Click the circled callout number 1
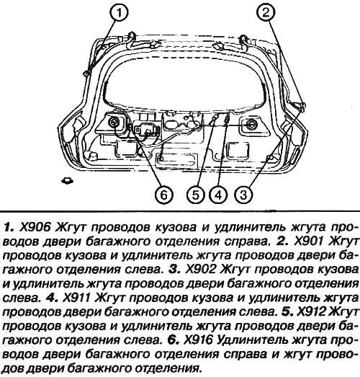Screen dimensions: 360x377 (x=119, y=12)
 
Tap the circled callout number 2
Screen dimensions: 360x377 (x=266, y=12)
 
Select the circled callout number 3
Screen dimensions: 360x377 (x=243, y=195)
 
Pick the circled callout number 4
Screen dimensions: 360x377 (x=219, y=195)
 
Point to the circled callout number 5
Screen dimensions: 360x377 (x=196, y=195)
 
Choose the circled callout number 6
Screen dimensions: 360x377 (x=163, y=195)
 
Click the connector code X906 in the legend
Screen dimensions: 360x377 (x=35, y=227)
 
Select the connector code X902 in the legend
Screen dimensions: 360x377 (x=200, y=270)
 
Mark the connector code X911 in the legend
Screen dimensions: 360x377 (x=76, y=298)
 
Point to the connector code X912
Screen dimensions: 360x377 (x=312, y=312)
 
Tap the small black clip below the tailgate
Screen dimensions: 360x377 (x=68, y=180)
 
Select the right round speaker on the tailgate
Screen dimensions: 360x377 (x=251, y=124)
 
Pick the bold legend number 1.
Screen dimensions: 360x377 (x=9, y=227)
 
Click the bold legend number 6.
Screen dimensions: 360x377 (x=173, y=340)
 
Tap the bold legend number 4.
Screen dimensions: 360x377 (x=52, y=298)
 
